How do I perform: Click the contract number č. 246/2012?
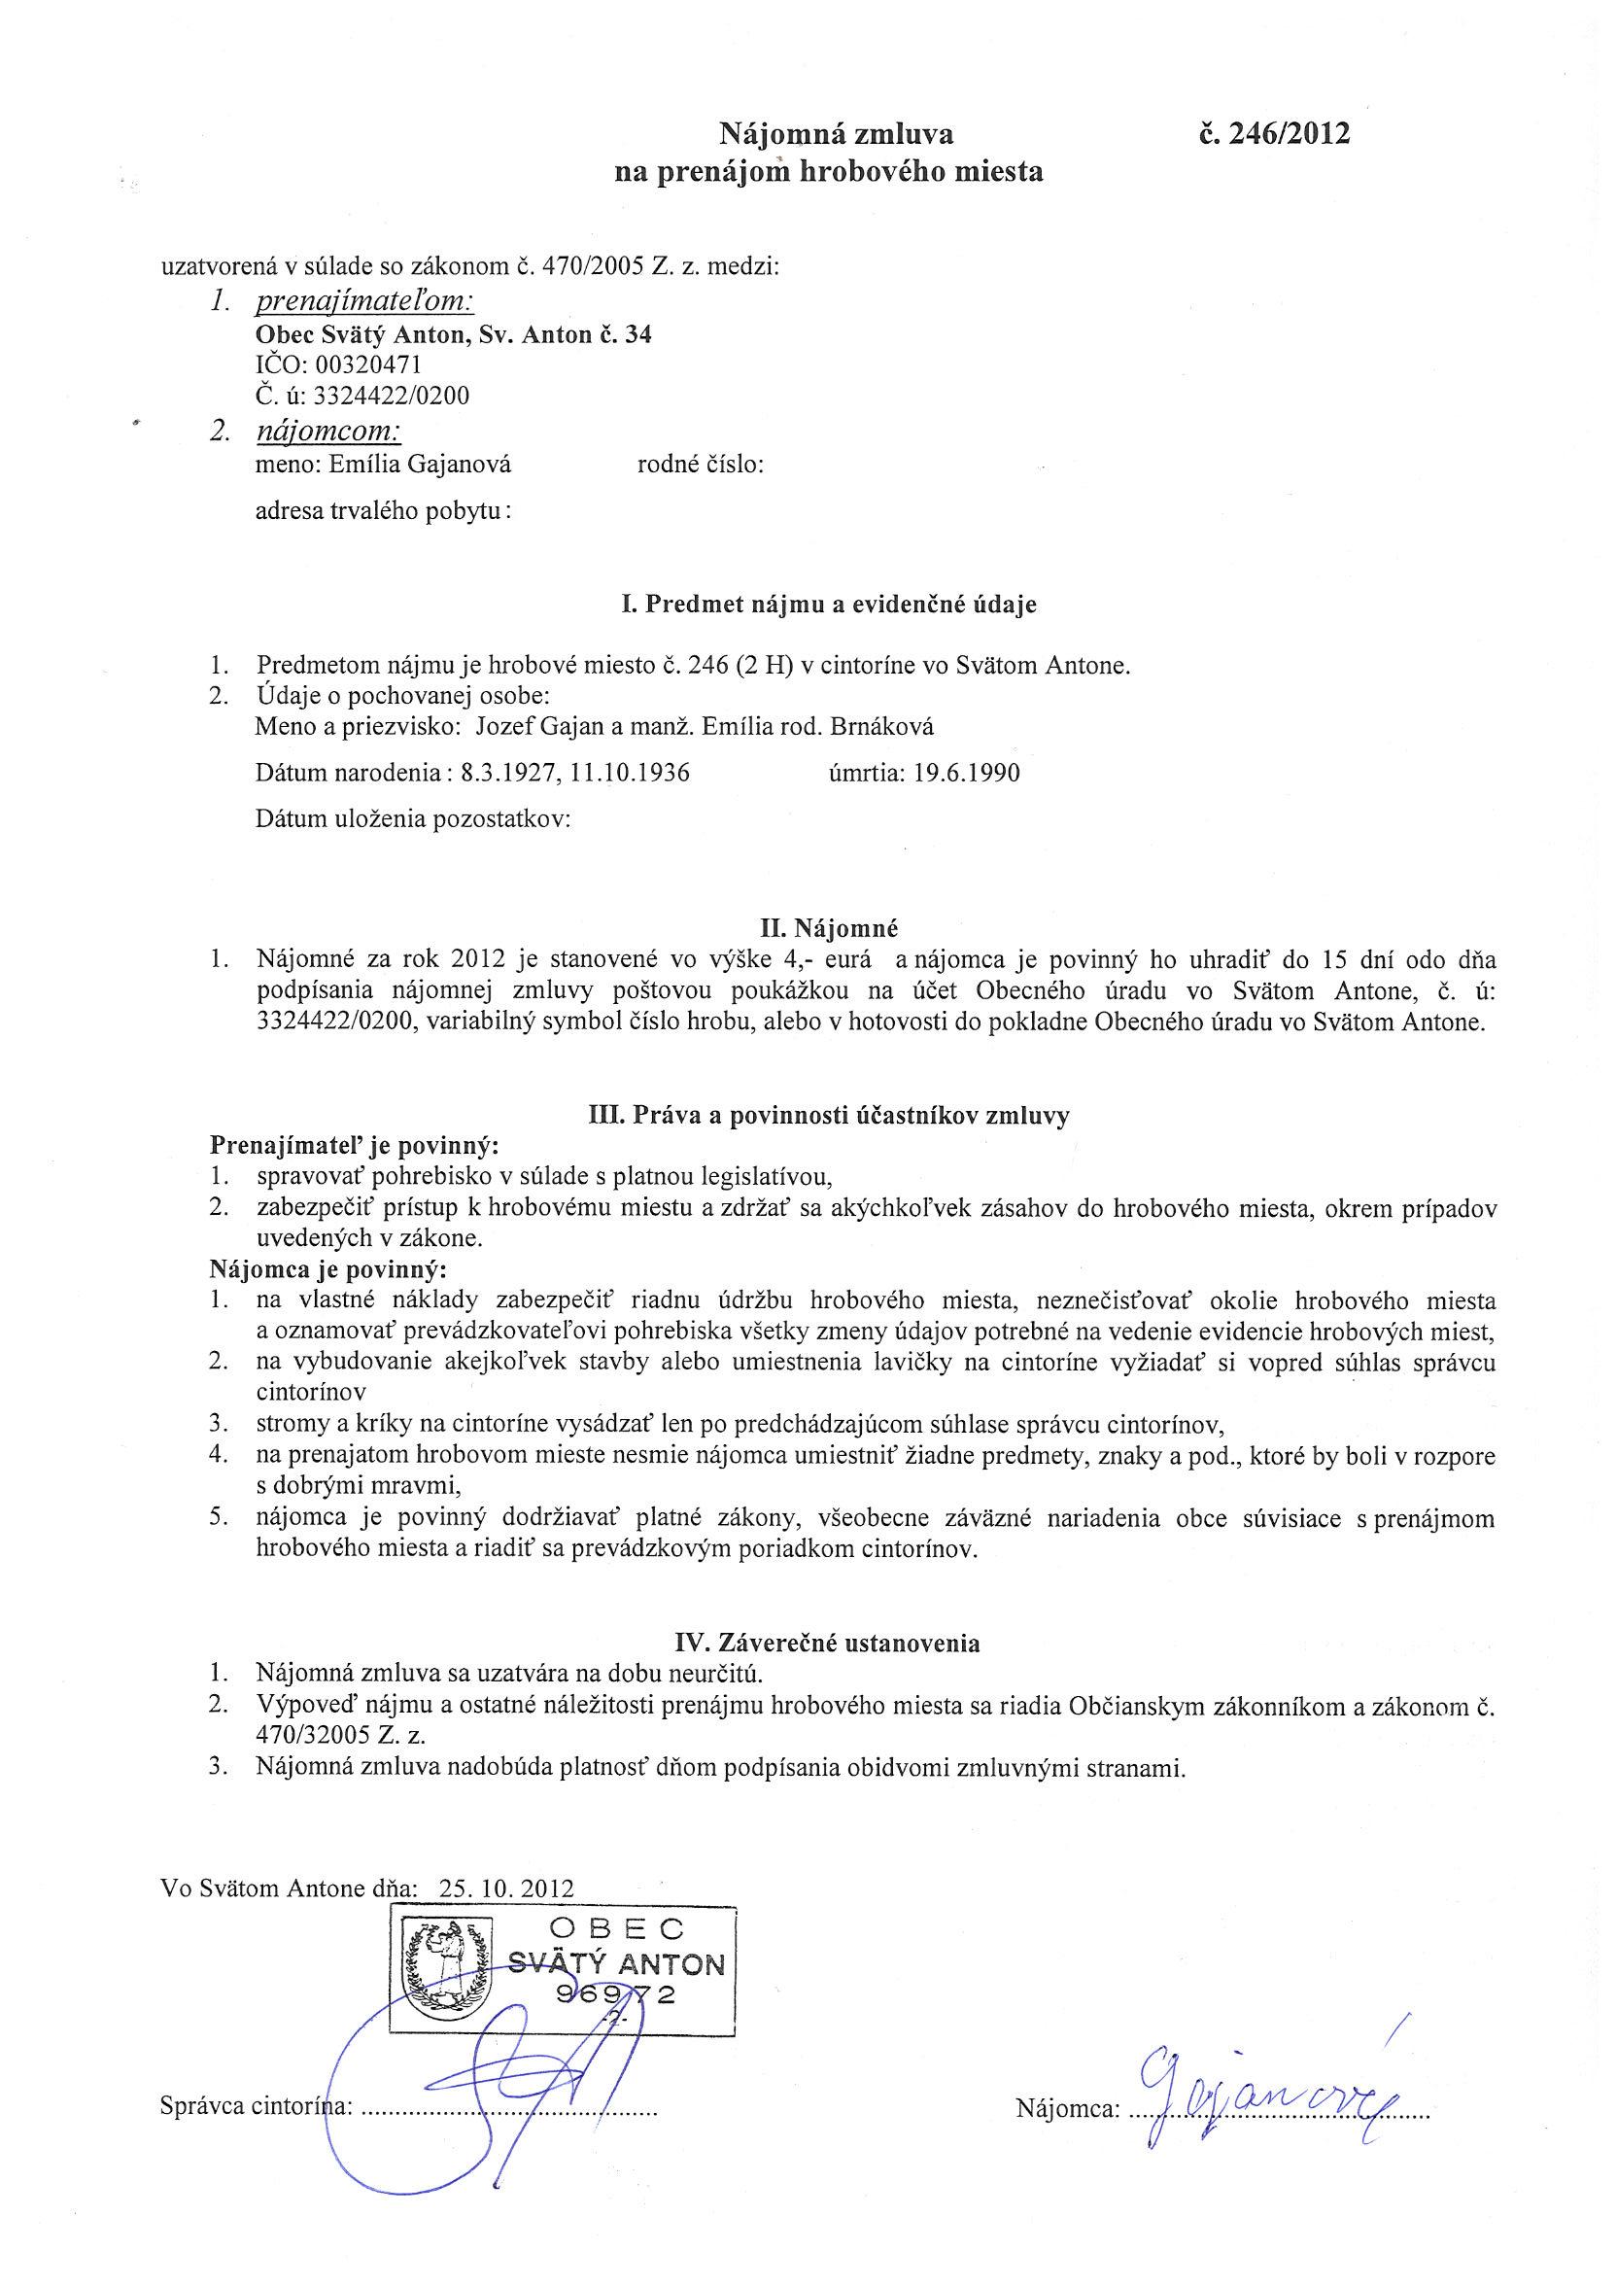(x=1276, y=133)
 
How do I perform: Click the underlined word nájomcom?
(x=328, y=432)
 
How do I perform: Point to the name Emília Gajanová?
(x=430, y=464)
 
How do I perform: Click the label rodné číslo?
(x=700, y=464)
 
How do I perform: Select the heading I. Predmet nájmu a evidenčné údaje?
(x=828, y=605)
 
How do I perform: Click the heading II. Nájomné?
(x=828, y=929)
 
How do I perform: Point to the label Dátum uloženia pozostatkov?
(x=412, y=819)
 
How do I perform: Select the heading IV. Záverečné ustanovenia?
(x=828, y=1643)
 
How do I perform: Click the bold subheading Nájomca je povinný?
(x=328, y=1270)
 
